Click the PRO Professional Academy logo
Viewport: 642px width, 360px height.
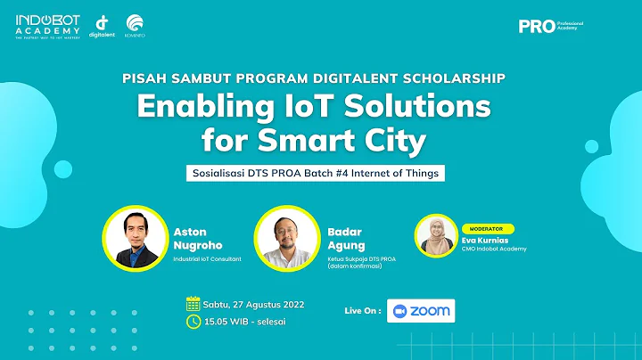(x=547, y=26)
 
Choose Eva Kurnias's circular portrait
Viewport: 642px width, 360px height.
(x=436, y=236)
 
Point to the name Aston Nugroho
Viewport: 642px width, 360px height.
(x=196, y=238)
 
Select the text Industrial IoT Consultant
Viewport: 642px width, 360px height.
(x=211, y=261)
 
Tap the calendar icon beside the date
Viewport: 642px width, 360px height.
(x=192, y=304)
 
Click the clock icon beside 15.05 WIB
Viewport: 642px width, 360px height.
(x=192, y=322)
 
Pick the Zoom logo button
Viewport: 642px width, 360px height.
(x=420, y=310)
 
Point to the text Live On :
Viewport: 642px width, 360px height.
(x=362, y=311)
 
